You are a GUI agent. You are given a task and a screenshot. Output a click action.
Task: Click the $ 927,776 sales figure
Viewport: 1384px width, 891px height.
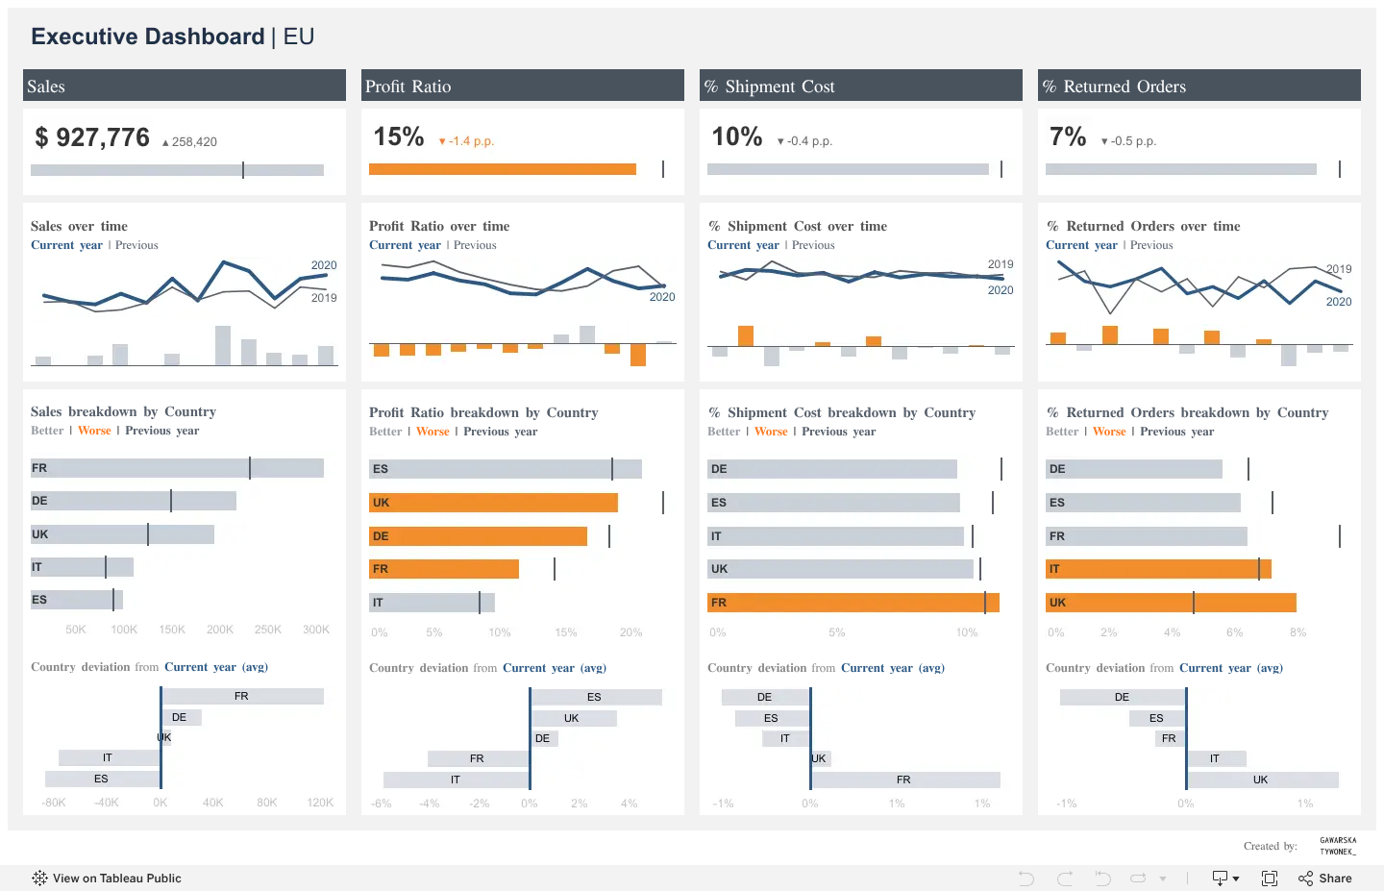point(92,137)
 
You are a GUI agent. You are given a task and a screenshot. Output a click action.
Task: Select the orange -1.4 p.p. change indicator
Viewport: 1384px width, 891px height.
point(466,141)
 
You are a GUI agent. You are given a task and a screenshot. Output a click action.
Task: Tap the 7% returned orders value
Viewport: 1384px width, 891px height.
point(1068,136)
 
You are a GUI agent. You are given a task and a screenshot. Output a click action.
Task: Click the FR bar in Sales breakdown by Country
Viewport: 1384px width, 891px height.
point(177,468)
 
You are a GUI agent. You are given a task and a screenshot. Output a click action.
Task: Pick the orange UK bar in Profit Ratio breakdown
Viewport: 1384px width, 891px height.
point(493,503)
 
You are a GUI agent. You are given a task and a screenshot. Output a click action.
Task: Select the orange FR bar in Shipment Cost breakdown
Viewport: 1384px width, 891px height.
point(853,603)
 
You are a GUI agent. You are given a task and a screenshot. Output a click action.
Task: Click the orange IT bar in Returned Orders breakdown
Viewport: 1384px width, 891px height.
point(1158,568)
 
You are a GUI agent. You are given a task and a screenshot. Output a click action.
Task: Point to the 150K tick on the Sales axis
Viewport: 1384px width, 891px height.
point(172,630)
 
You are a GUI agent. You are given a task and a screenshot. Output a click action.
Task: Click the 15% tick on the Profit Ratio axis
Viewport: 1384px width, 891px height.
point(565,632)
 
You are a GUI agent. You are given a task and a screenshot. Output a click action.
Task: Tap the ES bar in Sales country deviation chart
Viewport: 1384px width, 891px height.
point(103,779)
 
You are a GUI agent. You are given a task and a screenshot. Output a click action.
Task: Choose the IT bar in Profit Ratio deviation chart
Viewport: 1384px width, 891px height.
point(456,780)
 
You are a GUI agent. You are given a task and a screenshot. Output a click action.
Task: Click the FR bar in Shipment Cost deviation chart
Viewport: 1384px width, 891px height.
point(905,780)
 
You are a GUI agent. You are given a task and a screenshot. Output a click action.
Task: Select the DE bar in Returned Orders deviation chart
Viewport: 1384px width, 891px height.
point(1123,697)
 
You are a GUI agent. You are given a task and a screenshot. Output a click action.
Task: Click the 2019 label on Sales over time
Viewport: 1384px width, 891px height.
point(324,298)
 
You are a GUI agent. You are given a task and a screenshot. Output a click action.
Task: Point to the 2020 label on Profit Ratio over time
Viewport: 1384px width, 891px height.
point(661,297)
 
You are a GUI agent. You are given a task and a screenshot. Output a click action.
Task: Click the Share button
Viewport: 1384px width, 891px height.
point(1325,879)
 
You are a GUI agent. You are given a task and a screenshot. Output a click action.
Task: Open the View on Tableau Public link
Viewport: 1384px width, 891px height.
point(107,879)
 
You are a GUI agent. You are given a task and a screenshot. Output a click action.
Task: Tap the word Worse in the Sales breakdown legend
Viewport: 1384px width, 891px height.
point(94,431)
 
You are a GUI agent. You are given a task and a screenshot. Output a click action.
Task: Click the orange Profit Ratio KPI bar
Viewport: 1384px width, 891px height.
point(503,169)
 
